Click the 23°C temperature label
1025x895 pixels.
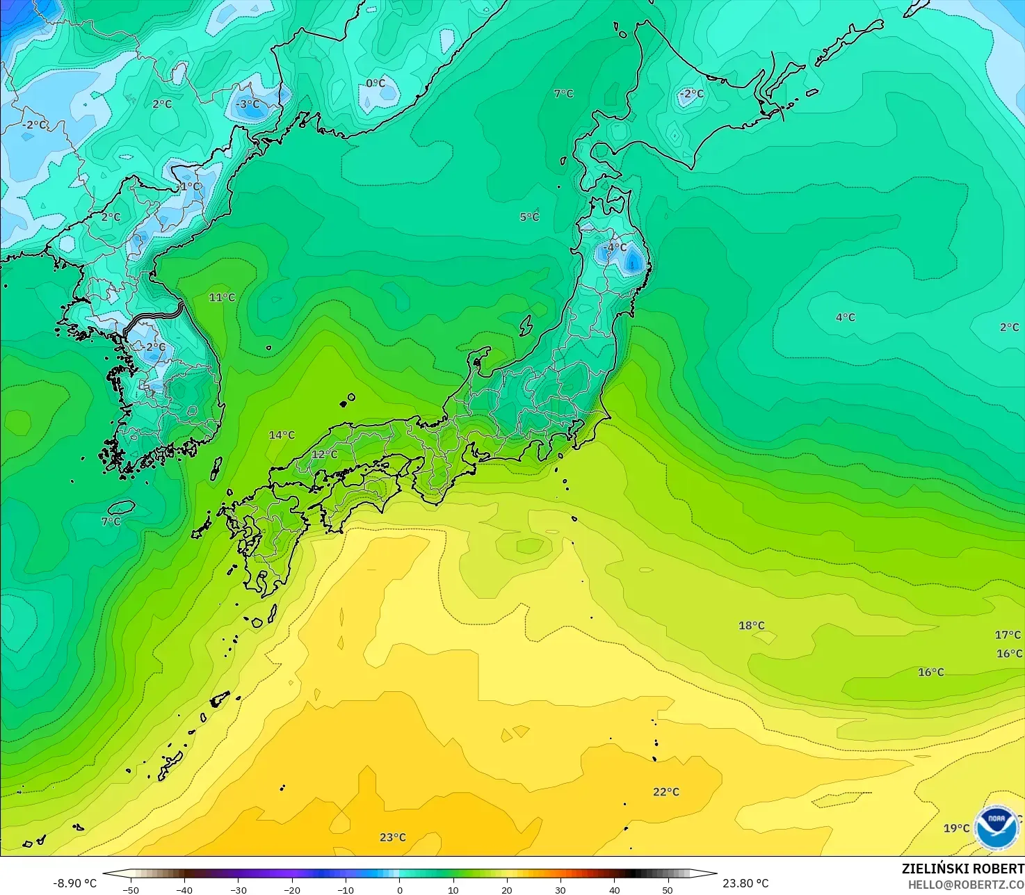(x=393, y=837)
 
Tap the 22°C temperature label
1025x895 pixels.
(x=666, y=791)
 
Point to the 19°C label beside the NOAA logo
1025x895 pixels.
(x=956, y=828)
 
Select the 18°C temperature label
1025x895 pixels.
(x=751, y=625)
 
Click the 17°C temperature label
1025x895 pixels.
(x=1008, y=634)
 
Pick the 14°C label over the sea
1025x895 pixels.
(x=282, y=435)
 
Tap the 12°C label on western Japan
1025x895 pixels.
(x=324, y=454)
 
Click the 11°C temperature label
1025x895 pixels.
(x=222, y=297)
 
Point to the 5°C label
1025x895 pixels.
(x=529, y=216)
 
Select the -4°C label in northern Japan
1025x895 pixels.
(x=615, y=247)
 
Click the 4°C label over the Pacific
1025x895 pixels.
(x=845, y=317)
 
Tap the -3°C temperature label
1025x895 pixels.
(x=247, y=104)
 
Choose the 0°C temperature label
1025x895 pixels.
(x=376, y=83)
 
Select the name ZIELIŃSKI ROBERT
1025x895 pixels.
(x=962, y=869)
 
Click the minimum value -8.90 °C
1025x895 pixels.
(x=74, y=883)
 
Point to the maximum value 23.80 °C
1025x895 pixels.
(x=745, y=883)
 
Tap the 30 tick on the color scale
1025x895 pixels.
(x=560, y=889)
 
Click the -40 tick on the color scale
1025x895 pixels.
(x=184, y=889)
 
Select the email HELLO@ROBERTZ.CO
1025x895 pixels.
(x=965, y=884)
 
